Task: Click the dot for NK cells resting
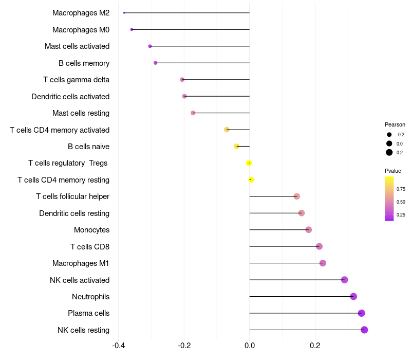(364, 330)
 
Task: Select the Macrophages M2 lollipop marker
(124, 13)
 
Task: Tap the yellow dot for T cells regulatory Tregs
(249, 163)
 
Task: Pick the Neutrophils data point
(353, 296)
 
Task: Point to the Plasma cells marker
(361, 313)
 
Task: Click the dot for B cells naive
(237, 147)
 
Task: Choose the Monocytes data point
(309, 230)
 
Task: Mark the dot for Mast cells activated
(150, 46)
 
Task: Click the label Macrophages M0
(81, 30)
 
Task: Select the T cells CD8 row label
(90, 247)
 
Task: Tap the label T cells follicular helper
(72, 196)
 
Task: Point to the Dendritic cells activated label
(70, 97)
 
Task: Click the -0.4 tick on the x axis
(118, 345)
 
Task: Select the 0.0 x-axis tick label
(249, 345)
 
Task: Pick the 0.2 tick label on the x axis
(315, 345)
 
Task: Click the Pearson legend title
(395, 124)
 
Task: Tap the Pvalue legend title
(393, 171)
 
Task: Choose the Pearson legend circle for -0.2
(389, 135)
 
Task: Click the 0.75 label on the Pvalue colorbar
(401, 189)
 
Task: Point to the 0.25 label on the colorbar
(401, 215)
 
